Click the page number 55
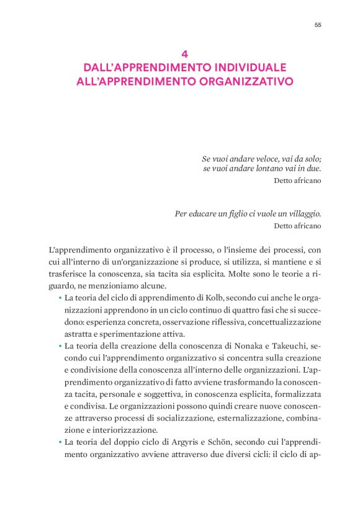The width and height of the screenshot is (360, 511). coord(317,25)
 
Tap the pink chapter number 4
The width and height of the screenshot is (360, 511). coord(180,54)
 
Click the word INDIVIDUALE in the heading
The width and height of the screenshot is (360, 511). coord(247,67)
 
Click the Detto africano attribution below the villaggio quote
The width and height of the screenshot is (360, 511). coord(297,226)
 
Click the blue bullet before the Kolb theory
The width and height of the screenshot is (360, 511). coord(60,298)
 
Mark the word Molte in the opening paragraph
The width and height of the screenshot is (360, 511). coord(251,274)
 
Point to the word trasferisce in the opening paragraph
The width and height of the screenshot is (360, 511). coord(68,274)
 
